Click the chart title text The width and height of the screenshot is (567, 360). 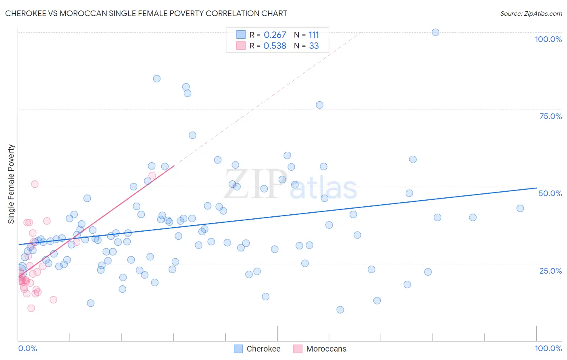coord(146,13)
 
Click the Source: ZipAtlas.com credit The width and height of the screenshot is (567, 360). coord(531,13)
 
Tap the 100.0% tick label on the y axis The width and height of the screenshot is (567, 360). coord(548,39)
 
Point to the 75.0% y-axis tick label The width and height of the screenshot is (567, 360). coord(550,116)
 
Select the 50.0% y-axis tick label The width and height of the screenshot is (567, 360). coord(550,193)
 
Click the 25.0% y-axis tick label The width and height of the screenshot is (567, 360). coord(550,270)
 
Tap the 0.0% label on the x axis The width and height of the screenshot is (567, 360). coord(27,348)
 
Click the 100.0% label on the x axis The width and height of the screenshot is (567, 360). coord(548,348)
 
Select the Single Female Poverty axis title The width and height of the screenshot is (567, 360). coord(11,184)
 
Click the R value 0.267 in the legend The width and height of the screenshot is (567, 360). coord(275,35)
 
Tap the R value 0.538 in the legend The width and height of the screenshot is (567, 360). coord(275,46)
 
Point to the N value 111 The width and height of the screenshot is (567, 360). coord(314,35)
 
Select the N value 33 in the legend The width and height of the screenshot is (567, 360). coord(314,46)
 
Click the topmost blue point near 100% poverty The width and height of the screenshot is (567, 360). coord(436,32)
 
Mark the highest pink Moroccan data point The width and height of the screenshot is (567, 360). coord(152,176)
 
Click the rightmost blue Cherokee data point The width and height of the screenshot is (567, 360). coord(520,208)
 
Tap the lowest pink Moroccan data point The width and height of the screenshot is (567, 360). coord(31,308)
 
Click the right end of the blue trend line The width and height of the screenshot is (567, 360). coord(536,188)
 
